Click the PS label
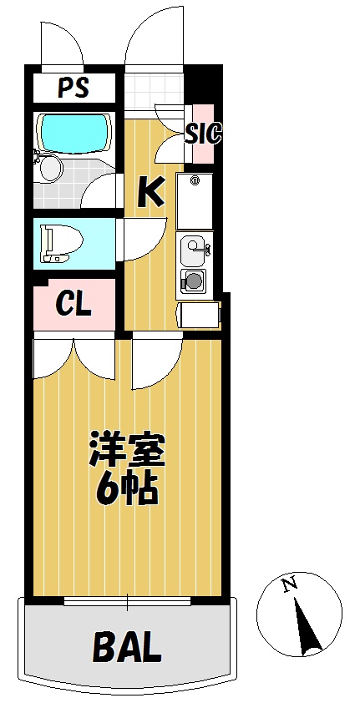74,88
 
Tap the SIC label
204,134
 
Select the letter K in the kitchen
150,192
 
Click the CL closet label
74,305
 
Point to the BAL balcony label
127,646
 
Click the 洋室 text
127,450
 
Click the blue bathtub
74,131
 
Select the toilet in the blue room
62,244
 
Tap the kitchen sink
194,249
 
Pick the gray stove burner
194,281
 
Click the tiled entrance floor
154,91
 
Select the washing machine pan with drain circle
194,201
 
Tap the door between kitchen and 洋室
157,364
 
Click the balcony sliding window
127,601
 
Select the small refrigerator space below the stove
200,315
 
